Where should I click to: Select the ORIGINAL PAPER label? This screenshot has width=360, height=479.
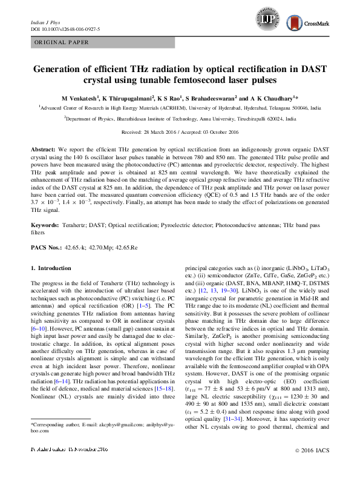tap(62, 42)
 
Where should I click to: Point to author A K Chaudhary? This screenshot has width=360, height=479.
tap(273, 97)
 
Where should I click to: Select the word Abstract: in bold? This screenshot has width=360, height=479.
tap(43, 148)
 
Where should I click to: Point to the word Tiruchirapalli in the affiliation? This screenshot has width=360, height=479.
tap(252, 119)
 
